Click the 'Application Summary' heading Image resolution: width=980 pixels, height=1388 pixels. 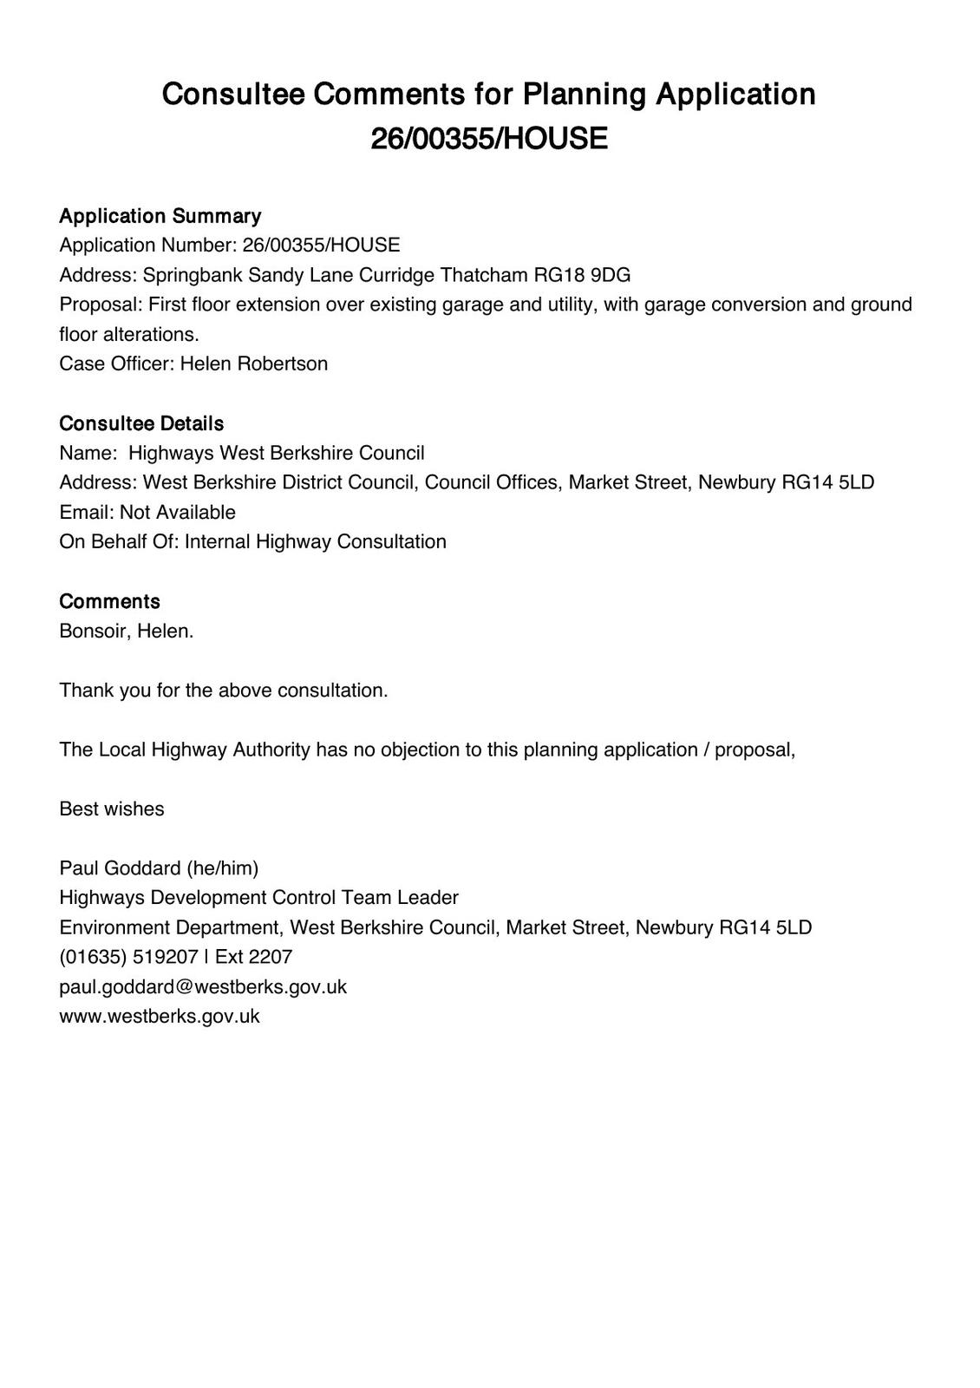tap(160, 216)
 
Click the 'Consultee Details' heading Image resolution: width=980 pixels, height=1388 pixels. tap(141, 423)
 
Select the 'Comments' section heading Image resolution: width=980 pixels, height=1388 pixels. tap(109, 601)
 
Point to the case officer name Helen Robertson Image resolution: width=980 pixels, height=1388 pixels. tap(254, 363)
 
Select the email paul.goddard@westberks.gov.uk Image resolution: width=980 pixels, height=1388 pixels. tap(203, 986)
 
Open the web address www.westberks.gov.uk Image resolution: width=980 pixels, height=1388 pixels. tap(160, 1016)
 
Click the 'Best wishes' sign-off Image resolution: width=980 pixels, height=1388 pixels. tap(112, 809)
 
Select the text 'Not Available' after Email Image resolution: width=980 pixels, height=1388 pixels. tap(178, 512)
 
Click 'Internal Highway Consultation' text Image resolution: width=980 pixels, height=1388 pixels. tap(316, 541)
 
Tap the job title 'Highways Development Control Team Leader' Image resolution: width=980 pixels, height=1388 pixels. tap(258, 897)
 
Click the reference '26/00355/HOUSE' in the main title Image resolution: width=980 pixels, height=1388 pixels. tap(489, 139)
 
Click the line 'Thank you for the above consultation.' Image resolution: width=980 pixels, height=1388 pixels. tap(224, 691)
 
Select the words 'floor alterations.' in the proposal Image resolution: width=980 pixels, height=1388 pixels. tap(129, 334)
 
